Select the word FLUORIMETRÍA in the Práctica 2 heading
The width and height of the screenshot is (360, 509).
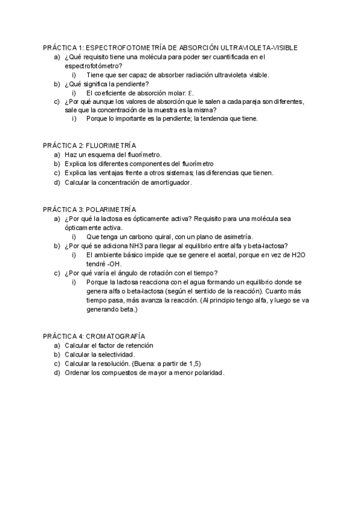112,146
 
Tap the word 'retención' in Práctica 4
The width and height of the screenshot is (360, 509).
137,345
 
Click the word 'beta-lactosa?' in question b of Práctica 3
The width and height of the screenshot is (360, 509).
266,245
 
